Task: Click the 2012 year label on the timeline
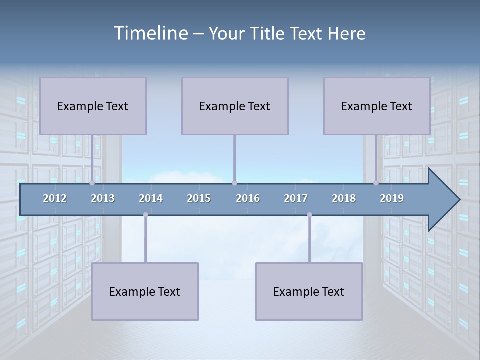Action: pyautogui.click(x=55, y=198)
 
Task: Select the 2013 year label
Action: pyautogui.click(x=103, y=198)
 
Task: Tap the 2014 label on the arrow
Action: pyautogui.click(x=151, y=198)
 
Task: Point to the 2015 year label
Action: pyautogui.click(x=199, y=198)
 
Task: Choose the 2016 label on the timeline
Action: pyautogui.click(x=248, y=198)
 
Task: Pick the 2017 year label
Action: pyautogui.click(x=296, y=198)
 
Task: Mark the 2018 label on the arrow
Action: pyautogui.click(x=344, y=198)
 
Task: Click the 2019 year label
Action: pyautogui.click(x=392, y=198)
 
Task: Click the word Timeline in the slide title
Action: pyautogui.click(x=150, y=33)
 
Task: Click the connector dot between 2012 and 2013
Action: pyautogui.click(x=92, y=183)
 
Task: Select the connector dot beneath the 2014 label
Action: pyautogui.click(x=145, y=215)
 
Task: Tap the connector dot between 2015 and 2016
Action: pyautogui.click(x=234, y=183)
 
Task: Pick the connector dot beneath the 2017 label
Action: pyautogui.click(x=309, y=215)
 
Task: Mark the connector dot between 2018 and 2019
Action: pyautogui.click(x=376, y=183)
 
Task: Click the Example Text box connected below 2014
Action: pyautogui.click(x=145, y=291)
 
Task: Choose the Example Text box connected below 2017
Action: pyautogui.click(x=309, y=291)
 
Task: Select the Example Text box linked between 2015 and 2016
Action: pyautogui.click(x=235, y=106)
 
